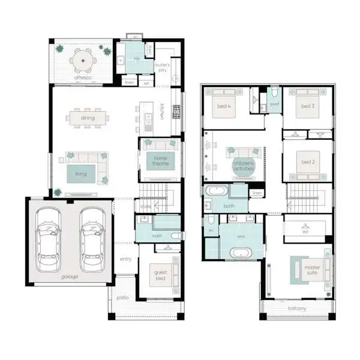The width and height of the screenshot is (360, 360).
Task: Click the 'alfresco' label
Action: [82, 77]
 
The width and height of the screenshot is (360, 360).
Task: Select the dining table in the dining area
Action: [88, 118]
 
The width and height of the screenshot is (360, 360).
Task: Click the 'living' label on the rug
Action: [81, 173]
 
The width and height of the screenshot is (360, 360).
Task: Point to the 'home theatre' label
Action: [160, 160]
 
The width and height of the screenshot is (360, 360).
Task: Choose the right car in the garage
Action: [92, 238]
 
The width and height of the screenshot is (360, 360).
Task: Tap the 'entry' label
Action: [125, 259]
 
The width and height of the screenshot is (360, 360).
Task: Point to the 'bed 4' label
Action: [225, 106]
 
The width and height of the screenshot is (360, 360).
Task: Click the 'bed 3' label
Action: [308, 106]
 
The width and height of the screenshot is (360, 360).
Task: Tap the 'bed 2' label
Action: [308, 162]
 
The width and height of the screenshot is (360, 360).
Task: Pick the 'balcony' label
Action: [296, 308]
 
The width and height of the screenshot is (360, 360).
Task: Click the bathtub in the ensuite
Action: [241, 252]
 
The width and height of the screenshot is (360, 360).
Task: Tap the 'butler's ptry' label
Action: [163, 67]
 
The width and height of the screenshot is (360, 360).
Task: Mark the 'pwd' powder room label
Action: [275, 104]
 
